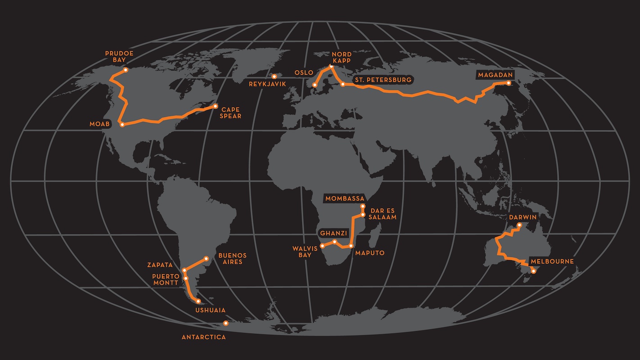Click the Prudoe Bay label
119,56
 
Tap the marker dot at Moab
122,125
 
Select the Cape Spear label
230,112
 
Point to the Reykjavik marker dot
274,76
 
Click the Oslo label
304,72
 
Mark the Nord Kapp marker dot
331,67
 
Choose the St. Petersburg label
383,80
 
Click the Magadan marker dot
509,83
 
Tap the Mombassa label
344,198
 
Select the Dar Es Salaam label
383,214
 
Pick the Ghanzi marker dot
334,242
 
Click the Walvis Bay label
302,252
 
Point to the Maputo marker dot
351,246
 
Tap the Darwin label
523,217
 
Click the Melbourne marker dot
534,271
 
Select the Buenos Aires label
232,258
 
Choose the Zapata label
160,265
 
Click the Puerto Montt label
165,279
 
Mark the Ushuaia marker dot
198,301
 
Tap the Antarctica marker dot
226,323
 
